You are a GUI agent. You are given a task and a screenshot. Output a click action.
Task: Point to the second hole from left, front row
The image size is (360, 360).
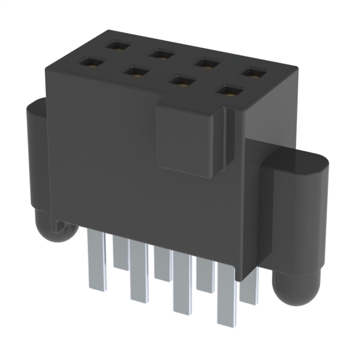point(135,71)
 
